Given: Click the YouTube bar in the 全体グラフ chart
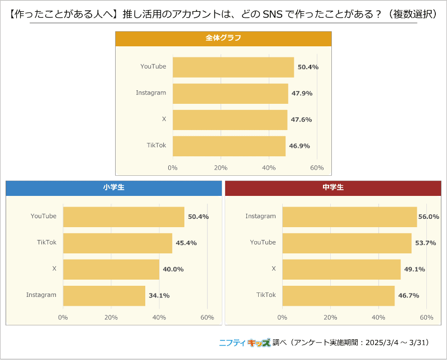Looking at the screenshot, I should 233,67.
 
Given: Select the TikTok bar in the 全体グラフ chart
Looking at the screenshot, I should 229,146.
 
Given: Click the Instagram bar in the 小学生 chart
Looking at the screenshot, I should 104,295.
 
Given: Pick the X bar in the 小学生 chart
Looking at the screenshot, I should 111,269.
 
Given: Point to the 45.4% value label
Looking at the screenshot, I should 186,243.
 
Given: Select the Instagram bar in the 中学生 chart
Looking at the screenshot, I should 349,217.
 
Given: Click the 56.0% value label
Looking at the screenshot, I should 429,217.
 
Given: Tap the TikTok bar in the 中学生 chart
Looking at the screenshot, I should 338,295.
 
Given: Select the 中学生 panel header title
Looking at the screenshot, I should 333,188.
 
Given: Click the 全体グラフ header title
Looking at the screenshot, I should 223,39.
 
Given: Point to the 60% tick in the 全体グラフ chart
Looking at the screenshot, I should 317,168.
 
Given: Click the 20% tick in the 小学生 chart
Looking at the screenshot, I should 111,318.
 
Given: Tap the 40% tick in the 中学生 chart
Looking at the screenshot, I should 378,318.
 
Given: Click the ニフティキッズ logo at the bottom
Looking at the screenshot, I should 244,343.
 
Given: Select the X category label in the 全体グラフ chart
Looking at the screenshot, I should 164,119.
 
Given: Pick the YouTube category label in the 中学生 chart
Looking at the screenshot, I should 263,243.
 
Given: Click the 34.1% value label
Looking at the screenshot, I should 158,295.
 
